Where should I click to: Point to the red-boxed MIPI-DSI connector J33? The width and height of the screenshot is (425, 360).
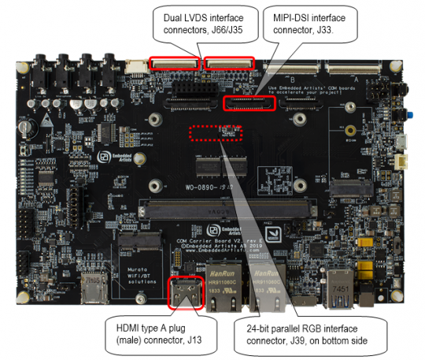coord(250,102)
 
